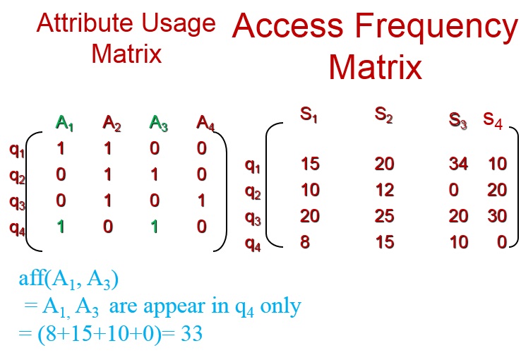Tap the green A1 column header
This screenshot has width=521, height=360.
[x=65, y=124]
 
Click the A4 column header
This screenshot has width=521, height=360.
[x=205, y=124]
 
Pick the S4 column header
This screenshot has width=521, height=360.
[x=493, y=119]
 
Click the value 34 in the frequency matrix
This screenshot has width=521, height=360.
[x=459, y=164]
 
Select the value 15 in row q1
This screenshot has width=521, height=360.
[x=310, y=164]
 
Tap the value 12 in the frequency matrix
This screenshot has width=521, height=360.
[x=384, y=191]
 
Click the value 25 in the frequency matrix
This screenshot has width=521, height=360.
[x=385, y=216]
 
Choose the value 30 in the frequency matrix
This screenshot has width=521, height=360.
[x=497, y=216]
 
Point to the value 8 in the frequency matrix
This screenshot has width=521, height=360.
[x=304, y=242]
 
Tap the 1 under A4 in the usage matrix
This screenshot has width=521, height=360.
[x=202, y=201]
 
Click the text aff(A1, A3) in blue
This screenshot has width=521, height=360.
[x=69, y=280]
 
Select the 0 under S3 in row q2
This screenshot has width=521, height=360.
[x=454, y=191]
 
